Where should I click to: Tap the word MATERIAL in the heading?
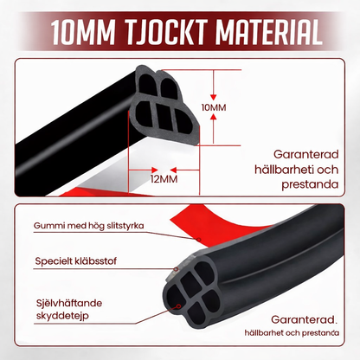click(x=269, y=31)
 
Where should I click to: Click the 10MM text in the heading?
click(x=83, y=31)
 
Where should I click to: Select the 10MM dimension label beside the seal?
click(x=214, y=107)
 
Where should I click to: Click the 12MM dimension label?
click(x=164, y=179)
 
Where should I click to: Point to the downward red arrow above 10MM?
click(x=213, y=85)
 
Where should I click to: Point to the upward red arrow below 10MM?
click(x=213, y=128)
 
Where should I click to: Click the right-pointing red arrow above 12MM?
click(x=143, y=170)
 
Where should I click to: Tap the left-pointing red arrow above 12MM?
click(x=185, y=170)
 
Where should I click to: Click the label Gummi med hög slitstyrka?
click(x=88, y=226)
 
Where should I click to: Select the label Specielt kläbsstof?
click(x=75, y=261)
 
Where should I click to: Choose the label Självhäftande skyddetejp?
click(x=69, y=310)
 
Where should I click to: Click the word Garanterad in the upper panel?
click(x=305, y=155)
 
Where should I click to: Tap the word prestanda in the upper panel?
click(x=310, y=184)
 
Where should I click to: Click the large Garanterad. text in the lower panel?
click(x=304, y=319)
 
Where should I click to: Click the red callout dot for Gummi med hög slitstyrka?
click(x=198, y=240)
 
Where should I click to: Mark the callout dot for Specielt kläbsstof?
click(x=176, y=269)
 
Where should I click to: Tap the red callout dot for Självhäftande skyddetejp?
click(x=179, y=306)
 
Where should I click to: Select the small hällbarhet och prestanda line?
click(x=292, y=333)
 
